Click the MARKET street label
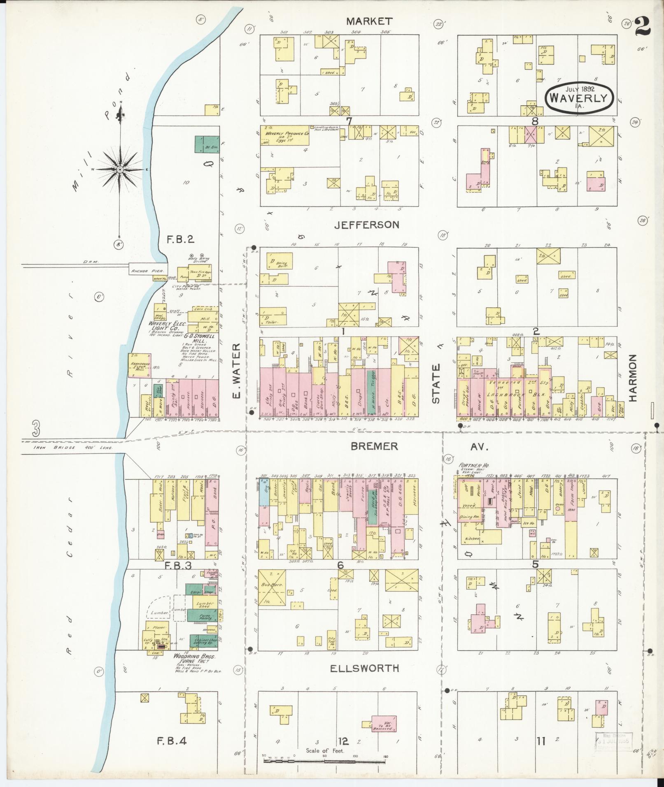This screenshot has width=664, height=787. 369,21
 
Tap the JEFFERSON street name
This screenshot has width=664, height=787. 366,225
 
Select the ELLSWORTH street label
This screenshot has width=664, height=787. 365,669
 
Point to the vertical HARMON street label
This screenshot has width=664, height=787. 633,378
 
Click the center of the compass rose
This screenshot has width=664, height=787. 120,169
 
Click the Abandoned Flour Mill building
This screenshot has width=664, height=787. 140,365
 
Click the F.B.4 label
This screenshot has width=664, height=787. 172,742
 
